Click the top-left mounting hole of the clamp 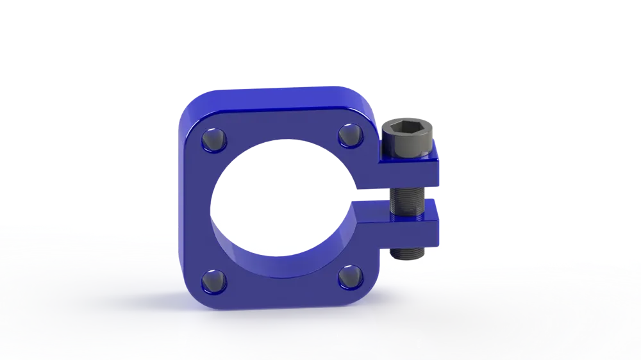[213, 138]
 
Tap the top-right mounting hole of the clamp [350, 135]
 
